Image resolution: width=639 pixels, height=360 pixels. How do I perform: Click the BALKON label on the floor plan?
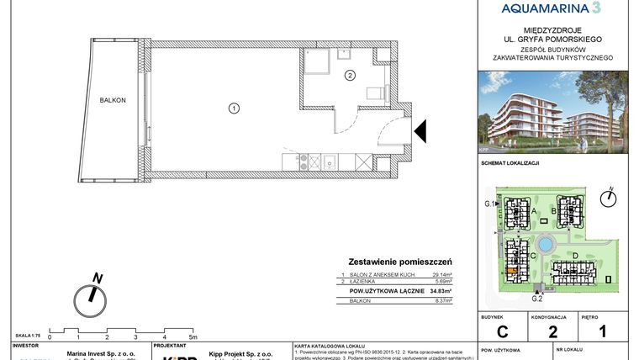tap(112, 100)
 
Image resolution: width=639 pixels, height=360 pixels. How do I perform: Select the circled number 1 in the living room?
tap(234, 107)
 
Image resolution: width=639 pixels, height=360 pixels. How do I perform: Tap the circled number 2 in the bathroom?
tap(350, 75)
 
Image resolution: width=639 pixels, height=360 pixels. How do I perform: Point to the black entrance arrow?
tap(421, 132)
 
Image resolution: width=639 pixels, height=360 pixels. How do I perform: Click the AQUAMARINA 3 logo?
tap(551, 9)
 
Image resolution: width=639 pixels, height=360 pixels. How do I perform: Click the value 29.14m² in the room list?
tap(441, 275)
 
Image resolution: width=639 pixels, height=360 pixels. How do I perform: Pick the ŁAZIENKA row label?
tap(362, 282)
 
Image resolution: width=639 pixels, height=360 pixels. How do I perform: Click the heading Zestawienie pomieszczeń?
tap(401, 262)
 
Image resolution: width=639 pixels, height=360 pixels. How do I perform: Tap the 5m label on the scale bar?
tap(193, 336)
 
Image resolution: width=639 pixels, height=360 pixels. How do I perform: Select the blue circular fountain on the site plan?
tap(545, 244)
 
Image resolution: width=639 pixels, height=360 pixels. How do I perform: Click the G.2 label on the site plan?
tap(536, 298)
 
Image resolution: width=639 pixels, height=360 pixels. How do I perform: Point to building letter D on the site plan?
tap(574, 255)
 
